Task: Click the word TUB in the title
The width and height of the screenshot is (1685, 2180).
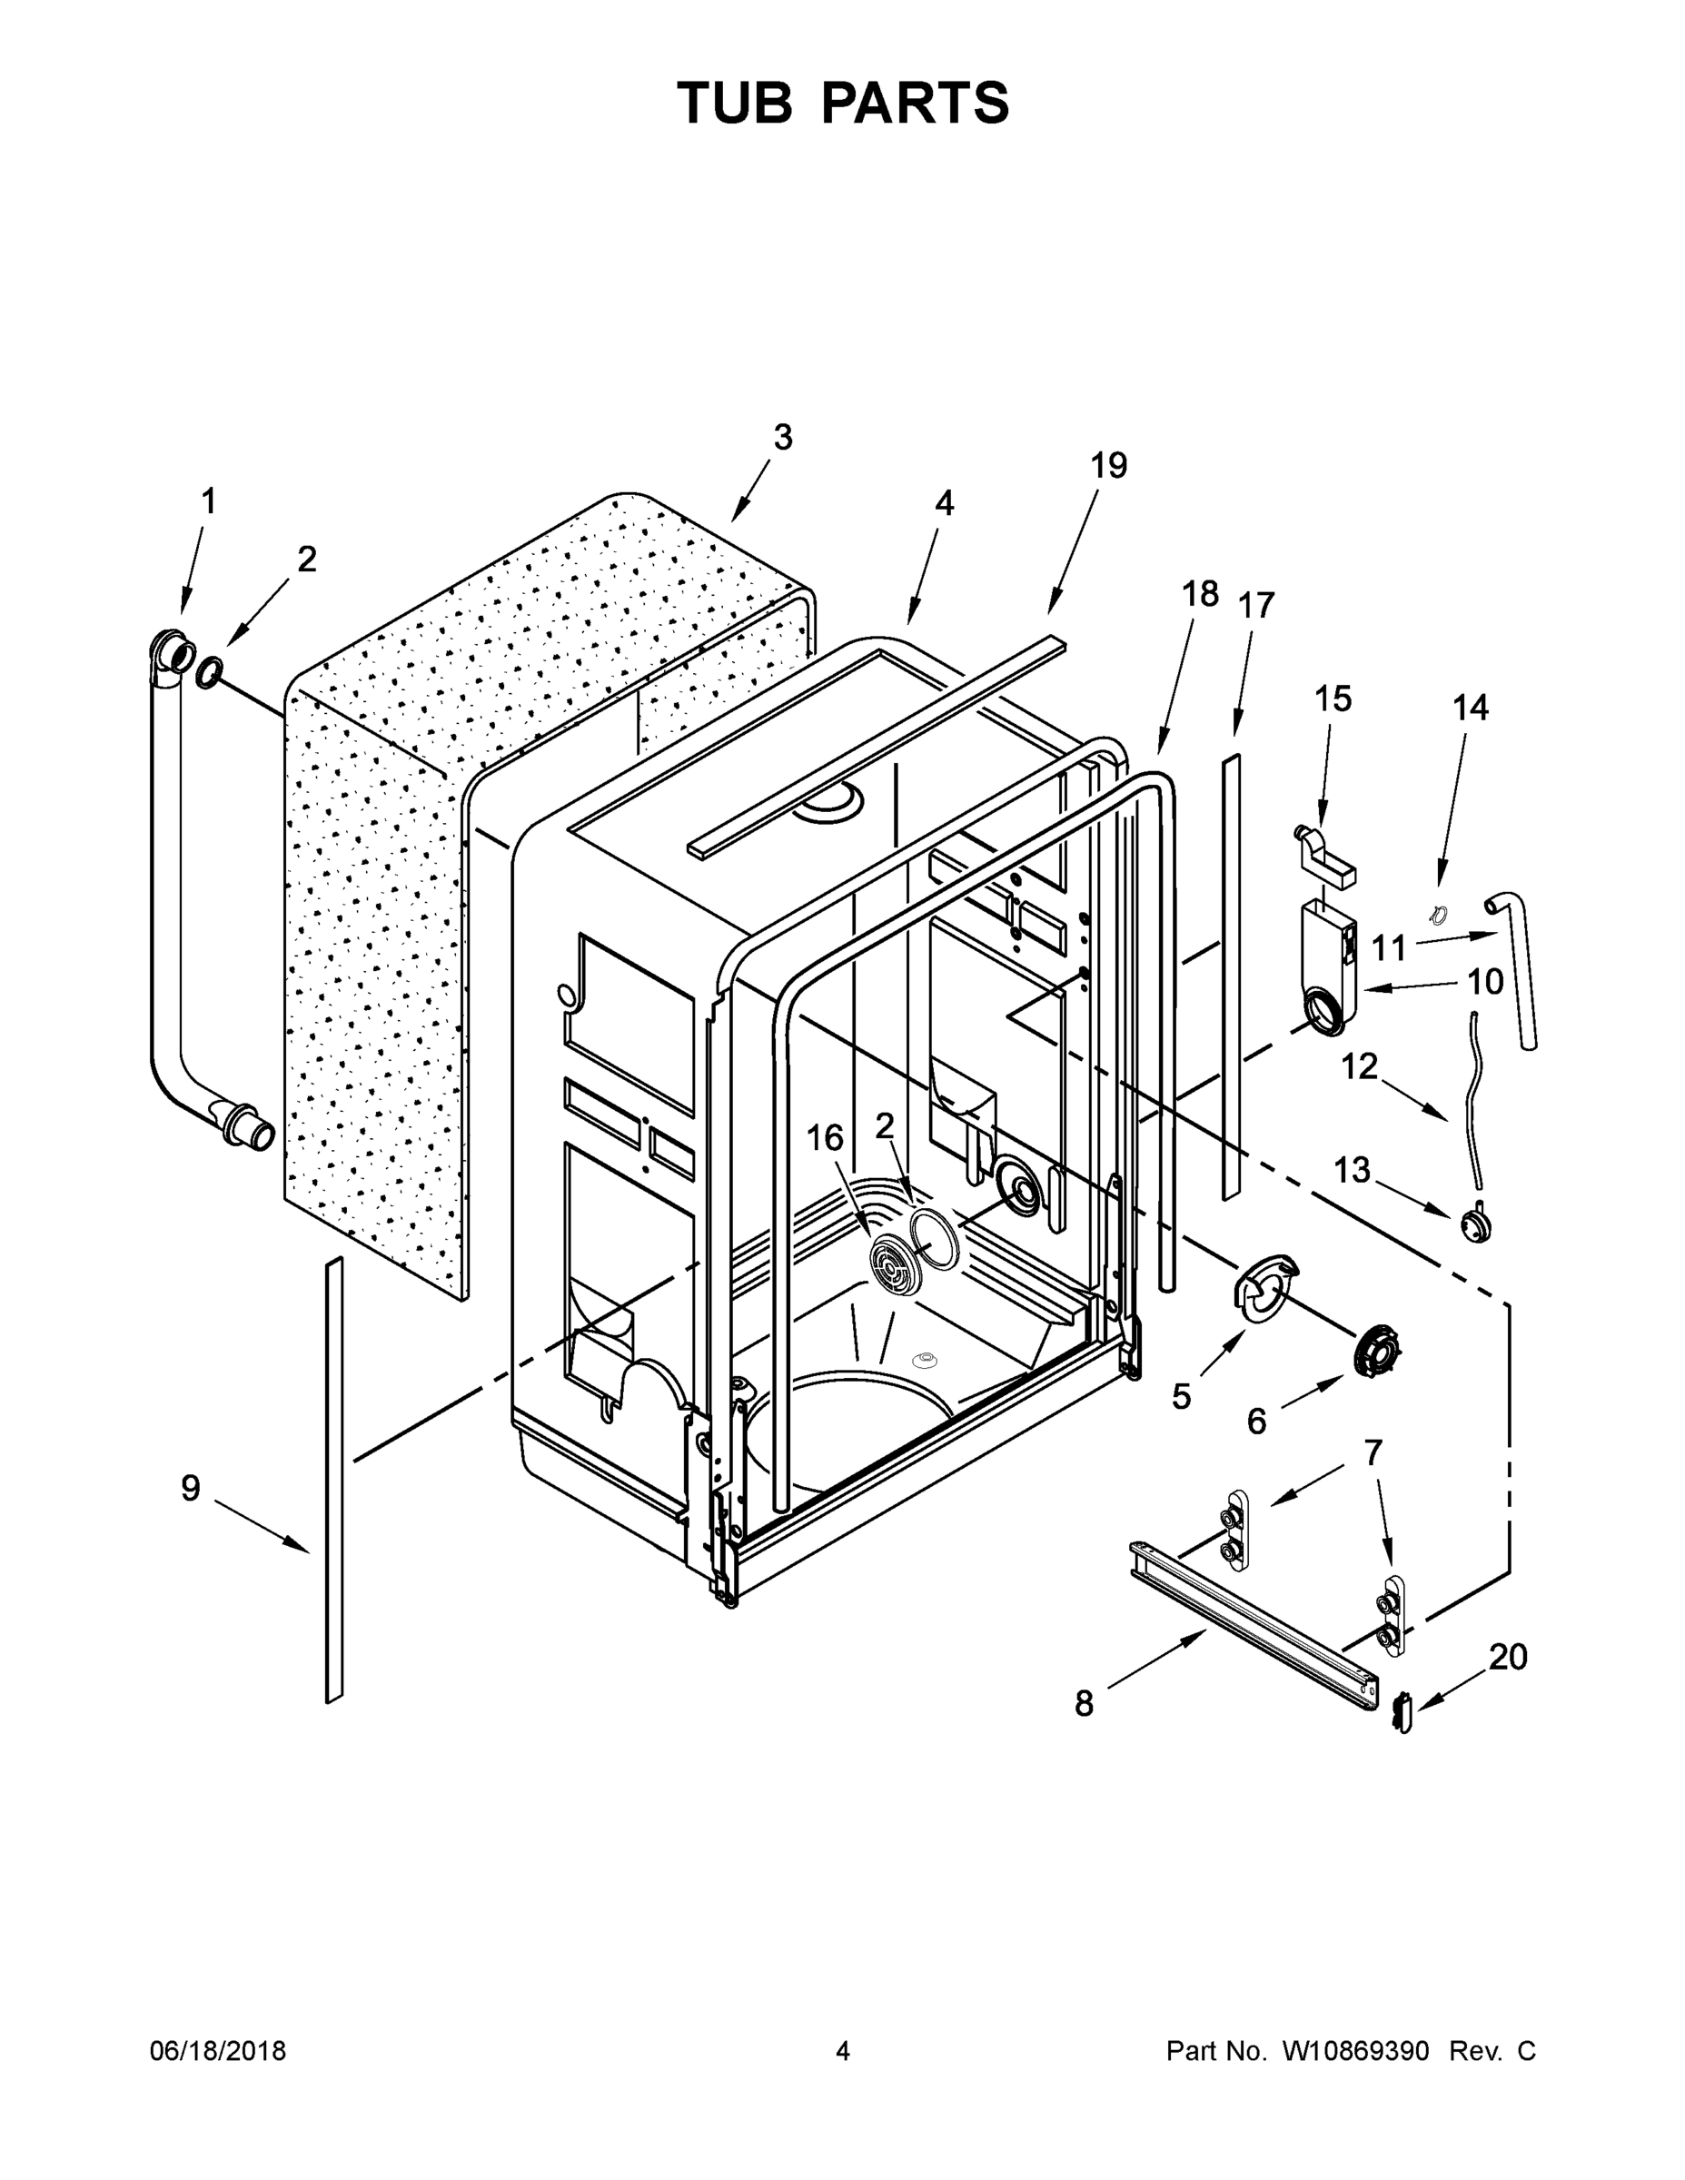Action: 736,103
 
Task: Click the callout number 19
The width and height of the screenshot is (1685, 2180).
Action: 1108,465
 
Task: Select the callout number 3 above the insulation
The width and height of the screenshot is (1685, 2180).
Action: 783,437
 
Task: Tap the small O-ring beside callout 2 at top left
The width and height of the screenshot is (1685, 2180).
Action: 210,674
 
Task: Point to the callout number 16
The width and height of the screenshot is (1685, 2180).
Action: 825,1138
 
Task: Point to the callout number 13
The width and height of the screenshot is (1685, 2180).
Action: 1352,1170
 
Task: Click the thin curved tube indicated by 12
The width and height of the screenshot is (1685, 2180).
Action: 1473,1098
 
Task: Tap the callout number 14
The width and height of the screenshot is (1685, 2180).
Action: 1470,708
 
